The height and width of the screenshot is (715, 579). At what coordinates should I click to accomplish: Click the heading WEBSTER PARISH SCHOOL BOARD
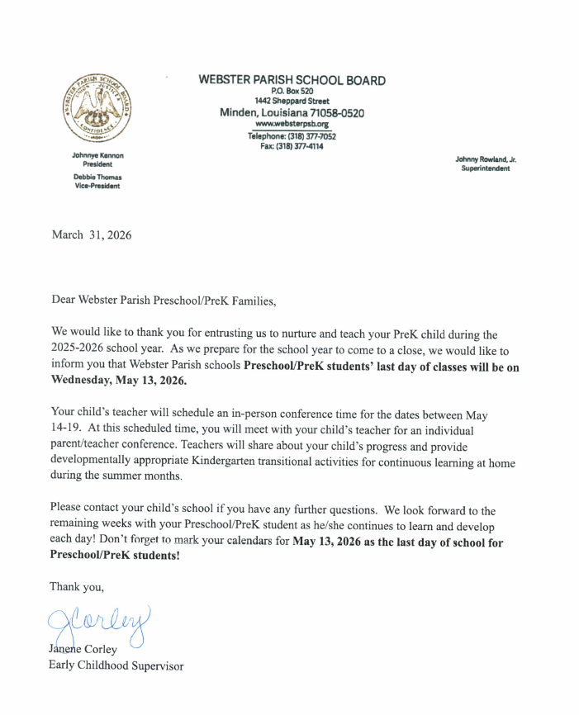pos(292,80)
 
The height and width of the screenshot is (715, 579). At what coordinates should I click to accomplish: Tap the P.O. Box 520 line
pos(292,91)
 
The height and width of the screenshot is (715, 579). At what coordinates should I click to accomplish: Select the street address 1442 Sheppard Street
pos(292,101)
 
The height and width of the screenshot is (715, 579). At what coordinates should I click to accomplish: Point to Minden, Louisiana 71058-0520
pos(292,112)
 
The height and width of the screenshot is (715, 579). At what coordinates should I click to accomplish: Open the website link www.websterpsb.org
pos(292,124)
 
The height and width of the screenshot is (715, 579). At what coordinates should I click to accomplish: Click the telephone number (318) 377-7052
pos(306,136)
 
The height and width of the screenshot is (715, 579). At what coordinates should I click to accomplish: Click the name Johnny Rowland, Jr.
pos(485,159)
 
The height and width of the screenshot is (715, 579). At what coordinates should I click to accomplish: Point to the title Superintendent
pos(485,168)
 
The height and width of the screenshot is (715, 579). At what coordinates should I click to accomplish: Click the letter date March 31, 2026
pos(91,235)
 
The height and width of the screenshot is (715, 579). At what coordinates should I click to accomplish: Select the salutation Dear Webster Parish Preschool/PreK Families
pos(161,301)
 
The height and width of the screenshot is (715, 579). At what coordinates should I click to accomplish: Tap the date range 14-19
pos(67,429)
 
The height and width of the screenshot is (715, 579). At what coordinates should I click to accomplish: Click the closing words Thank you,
pos(77,586)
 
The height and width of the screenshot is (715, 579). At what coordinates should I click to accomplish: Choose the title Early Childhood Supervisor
pos(116,665)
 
